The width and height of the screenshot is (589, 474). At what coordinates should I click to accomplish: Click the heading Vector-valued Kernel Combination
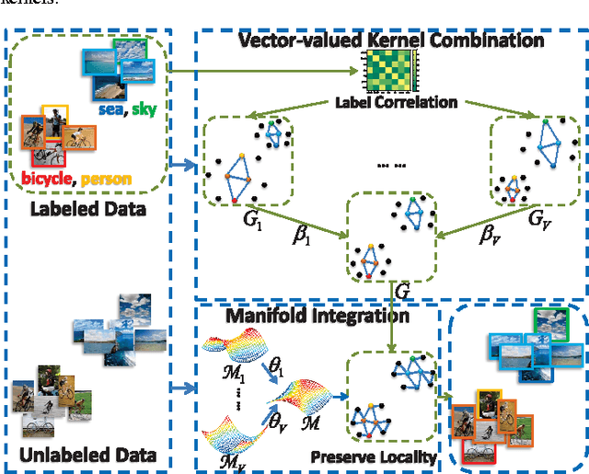point(391,40)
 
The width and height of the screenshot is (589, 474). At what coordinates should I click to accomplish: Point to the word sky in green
point(144,111)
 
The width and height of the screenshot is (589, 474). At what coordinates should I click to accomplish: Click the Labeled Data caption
point(88,208)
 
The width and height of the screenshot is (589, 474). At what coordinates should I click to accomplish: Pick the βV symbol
point(491,235)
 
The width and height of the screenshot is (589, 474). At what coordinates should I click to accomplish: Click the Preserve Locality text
point(372,454)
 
